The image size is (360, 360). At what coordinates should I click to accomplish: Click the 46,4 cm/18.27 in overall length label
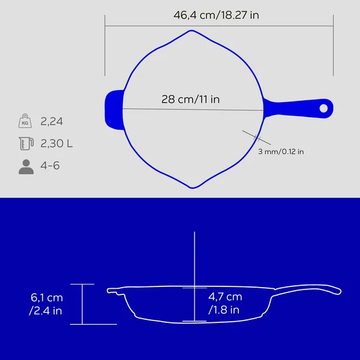tap(216, 15)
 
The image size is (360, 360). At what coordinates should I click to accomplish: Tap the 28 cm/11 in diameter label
tap(190, 99)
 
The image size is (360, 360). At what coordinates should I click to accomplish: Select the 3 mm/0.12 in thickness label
tap(281, 151)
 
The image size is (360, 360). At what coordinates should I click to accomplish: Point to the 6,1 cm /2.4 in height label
tap(46, 304)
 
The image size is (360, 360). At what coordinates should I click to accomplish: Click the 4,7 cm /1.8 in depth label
tap(225, 303)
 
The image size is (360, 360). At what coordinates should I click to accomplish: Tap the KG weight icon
tap(25, 121)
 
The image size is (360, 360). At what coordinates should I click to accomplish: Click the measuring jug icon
tap(26, 144)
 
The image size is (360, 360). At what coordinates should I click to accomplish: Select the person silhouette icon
tap(26, 167)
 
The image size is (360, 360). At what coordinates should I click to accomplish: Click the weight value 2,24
tap(52, 122)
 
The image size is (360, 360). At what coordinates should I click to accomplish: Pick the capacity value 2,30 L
tap(57, 144)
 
